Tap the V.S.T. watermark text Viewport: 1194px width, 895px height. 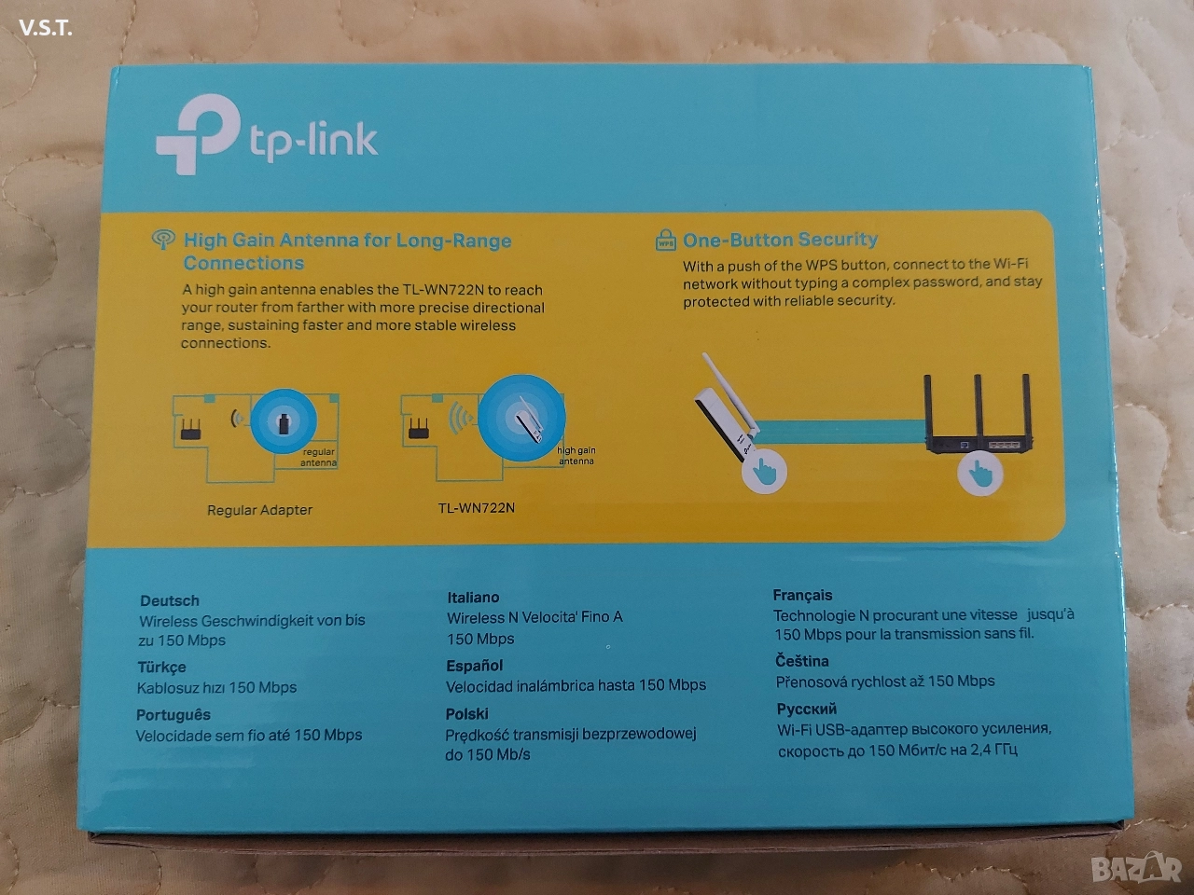(46, 28)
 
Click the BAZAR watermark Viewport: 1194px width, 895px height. (1137, 867)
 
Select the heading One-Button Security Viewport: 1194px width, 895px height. (780, 240)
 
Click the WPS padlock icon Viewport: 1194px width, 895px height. (665, 240)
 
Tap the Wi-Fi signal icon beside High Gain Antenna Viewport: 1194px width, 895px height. (163, 239)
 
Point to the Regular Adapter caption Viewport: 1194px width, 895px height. (259, 510)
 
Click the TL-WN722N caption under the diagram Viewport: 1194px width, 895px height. (476, 507)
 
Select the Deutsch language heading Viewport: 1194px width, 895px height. (170, 600)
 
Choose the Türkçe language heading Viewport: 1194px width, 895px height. (161, 668)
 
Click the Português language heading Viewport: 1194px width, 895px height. (174, 715)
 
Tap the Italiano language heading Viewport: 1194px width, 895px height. (473, 598)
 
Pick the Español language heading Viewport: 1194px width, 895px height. (475, 666)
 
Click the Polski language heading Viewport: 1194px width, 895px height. (466, 713)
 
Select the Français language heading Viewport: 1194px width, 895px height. (802, 596)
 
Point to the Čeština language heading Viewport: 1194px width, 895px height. (802, 661)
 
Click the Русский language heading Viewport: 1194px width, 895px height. (807, 709)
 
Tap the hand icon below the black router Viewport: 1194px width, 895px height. (980, 473)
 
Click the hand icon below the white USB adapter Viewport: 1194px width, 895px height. (764, 471)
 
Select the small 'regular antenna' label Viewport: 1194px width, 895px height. (319, 457)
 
